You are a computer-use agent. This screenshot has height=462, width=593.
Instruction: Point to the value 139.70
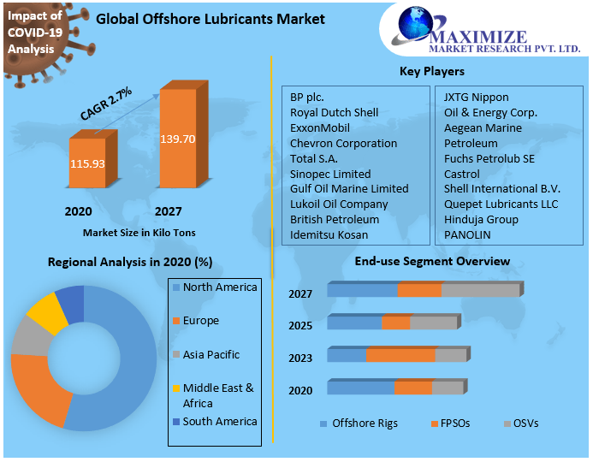click(x=178, y=139)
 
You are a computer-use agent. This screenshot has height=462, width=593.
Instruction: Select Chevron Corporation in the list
click(x=343, y=143)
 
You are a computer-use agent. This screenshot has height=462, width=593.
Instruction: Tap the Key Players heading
click(x=432, y=71)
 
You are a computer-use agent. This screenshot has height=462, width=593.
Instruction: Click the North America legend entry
click(x=219, y=287)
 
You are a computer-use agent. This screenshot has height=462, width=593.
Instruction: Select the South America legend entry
click(x=219, y=421)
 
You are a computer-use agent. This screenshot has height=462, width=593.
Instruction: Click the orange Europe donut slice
click(x=40, y=389)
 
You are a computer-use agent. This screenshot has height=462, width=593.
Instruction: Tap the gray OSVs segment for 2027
click(x=479, y=291)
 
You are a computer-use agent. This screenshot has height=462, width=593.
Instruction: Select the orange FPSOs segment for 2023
click(x=400, y=355)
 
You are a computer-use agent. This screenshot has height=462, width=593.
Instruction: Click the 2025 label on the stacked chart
click(x=300, y=326)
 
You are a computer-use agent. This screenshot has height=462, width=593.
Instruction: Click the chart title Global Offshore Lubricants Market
click(x=210, y=19)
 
